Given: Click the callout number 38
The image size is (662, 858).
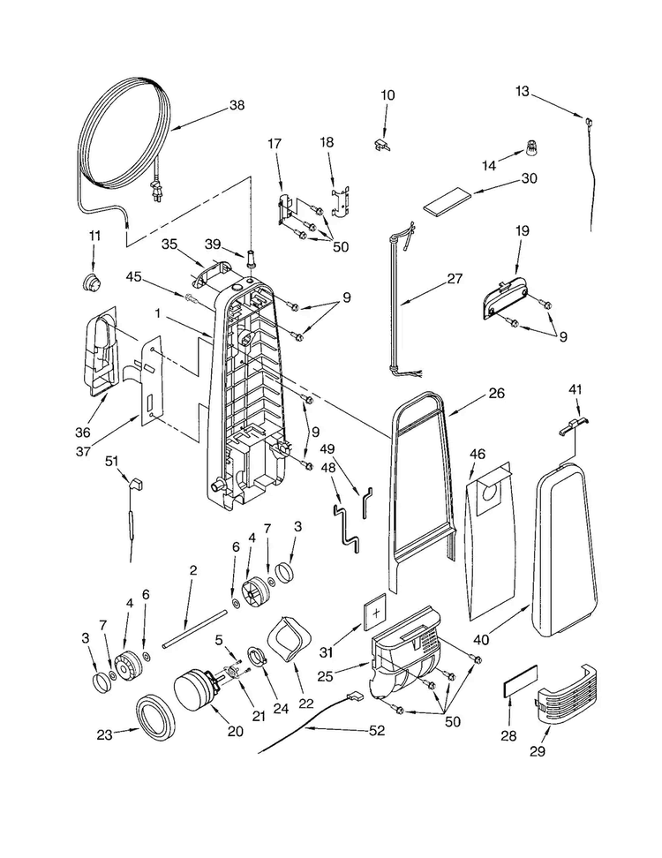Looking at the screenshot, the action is coord(237,104).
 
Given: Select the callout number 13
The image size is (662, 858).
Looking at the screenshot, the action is coord(523,91).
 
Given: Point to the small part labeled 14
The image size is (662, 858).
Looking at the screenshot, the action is coord(530,147).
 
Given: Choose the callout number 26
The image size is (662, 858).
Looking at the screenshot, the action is coord(497,393).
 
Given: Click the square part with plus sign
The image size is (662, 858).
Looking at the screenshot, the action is coord(376,613).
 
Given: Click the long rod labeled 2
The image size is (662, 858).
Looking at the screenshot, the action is coord(195,629).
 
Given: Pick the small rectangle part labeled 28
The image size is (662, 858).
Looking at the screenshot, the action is coord(520,681).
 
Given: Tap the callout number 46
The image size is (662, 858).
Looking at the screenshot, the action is coord(477,454).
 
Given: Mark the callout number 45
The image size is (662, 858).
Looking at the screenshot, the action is coord(133,277).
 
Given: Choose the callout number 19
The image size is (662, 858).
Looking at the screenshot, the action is coord(523,230).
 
